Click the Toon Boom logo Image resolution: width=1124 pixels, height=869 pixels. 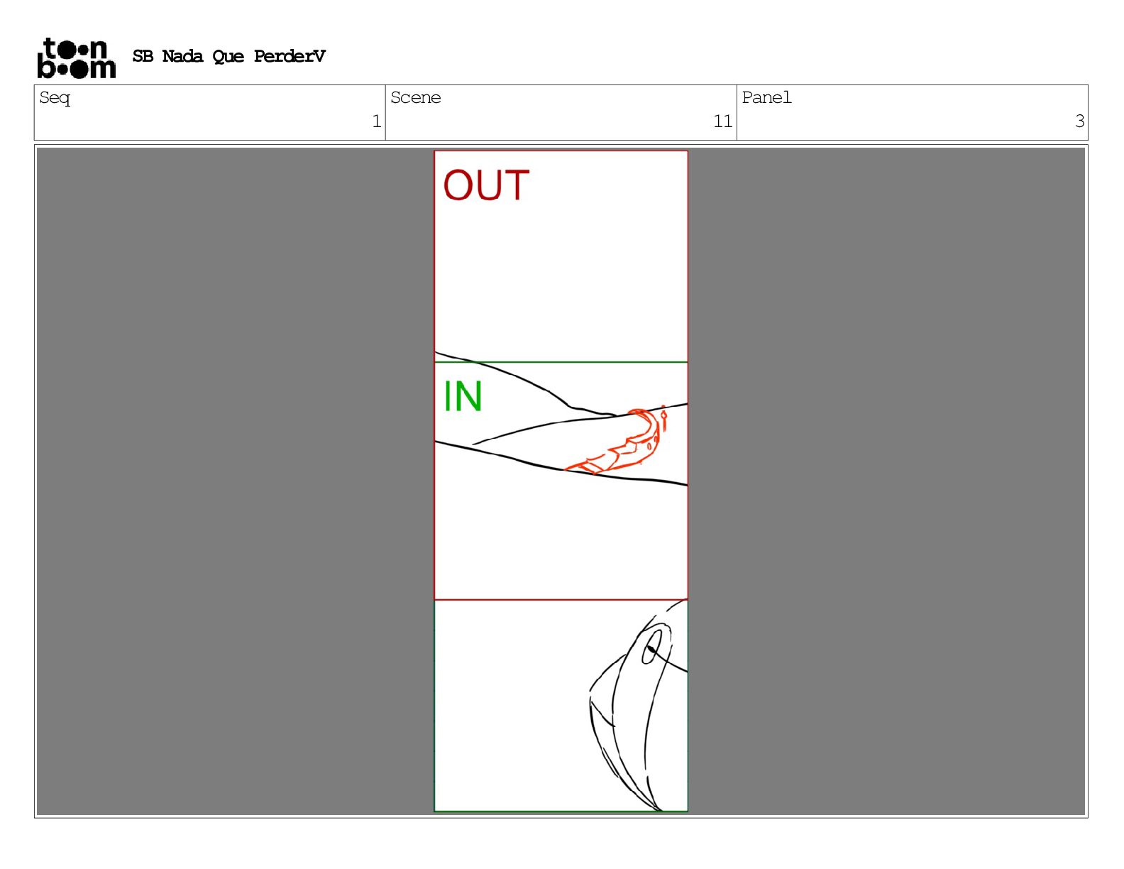[x=77, y=58]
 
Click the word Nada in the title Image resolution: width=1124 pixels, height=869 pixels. [x=182, y=56]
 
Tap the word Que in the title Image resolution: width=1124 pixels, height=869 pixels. [x=228, y=57]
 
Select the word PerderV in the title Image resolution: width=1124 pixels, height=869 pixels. [x=290, y=56]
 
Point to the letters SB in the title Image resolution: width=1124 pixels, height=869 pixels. [x=143, y=56]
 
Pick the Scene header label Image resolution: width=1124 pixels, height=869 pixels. [x=415, y=97]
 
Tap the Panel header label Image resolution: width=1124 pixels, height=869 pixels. [x=766, y=97]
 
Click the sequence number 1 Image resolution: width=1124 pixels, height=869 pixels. [x=377, y=121]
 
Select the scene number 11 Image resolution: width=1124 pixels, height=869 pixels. [x=722, y=121]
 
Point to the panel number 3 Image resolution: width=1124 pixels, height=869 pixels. [x=1079, y=121]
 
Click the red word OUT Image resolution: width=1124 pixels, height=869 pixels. [x=486, y=185]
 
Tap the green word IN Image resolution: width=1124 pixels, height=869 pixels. [x=463, y=396]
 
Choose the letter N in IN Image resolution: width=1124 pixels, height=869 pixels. [x=468, y=396]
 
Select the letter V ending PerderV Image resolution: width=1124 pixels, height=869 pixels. [x=319, y=56]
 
